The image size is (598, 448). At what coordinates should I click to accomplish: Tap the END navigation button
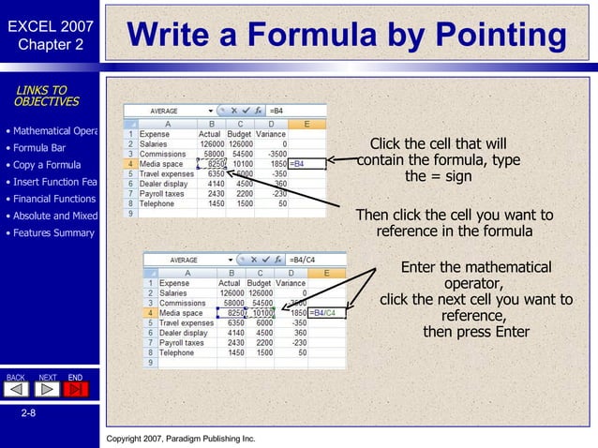[76, 387]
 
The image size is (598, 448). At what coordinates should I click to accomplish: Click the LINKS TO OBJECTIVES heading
[46, 96]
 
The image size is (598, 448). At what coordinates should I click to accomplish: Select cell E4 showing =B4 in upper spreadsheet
[307, 164]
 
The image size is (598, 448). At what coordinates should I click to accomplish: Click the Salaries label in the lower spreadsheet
[174, 292]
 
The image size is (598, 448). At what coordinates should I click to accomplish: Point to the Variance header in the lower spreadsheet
[291, 282]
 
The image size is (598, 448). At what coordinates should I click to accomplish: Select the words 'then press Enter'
[476, 332]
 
